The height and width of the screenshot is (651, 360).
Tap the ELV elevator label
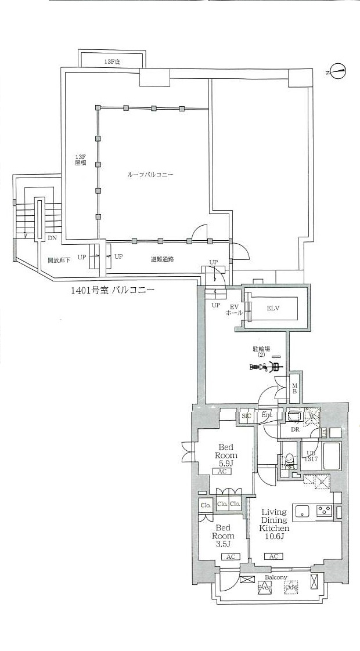coord(273,308)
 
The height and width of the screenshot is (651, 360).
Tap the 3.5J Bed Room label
coord(224,536)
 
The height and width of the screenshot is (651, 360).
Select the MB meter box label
coord(295,388)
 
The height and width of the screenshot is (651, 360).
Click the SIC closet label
coord(246,415)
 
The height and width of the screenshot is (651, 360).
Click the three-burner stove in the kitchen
coord(323,511)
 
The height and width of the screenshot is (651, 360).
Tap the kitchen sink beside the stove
coord(303,511)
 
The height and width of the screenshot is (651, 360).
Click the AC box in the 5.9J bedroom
coord(222,472)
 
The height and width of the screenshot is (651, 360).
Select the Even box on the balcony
coord(265,588)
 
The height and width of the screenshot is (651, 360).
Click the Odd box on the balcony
coord(290,588)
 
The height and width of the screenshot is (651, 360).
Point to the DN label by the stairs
coord(52,238)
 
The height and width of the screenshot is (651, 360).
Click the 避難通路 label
coord(163,259)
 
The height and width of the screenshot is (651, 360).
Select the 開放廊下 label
coord(59,260)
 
